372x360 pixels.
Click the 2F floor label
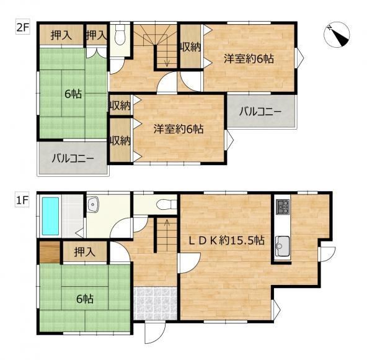pos(22,29)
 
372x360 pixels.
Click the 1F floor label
pos(22,201)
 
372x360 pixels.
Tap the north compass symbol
pos(337,35)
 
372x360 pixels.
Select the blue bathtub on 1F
pos(50,216)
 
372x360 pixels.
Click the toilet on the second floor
pos(120,35)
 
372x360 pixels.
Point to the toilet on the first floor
pos(167,204)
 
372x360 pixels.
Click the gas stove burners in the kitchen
pos(283,206)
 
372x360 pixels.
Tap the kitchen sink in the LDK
pos(282,246)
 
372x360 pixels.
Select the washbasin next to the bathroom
pos(93,204)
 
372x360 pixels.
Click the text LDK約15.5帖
pos(226,241)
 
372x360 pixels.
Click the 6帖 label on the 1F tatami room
pos(85,299)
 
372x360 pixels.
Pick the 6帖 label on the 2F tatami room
pos(73,94)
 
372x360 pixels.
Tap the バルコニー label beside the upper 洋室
pos(260,111)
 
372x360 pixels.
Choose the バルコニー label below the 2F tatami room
pos(73,158)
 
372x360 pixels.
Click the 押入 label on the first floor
pos(85,252)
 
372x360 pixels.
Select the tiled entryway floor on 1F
pos(156,304)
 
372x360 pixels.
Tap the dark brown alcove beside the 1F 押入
pos(50,252)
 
